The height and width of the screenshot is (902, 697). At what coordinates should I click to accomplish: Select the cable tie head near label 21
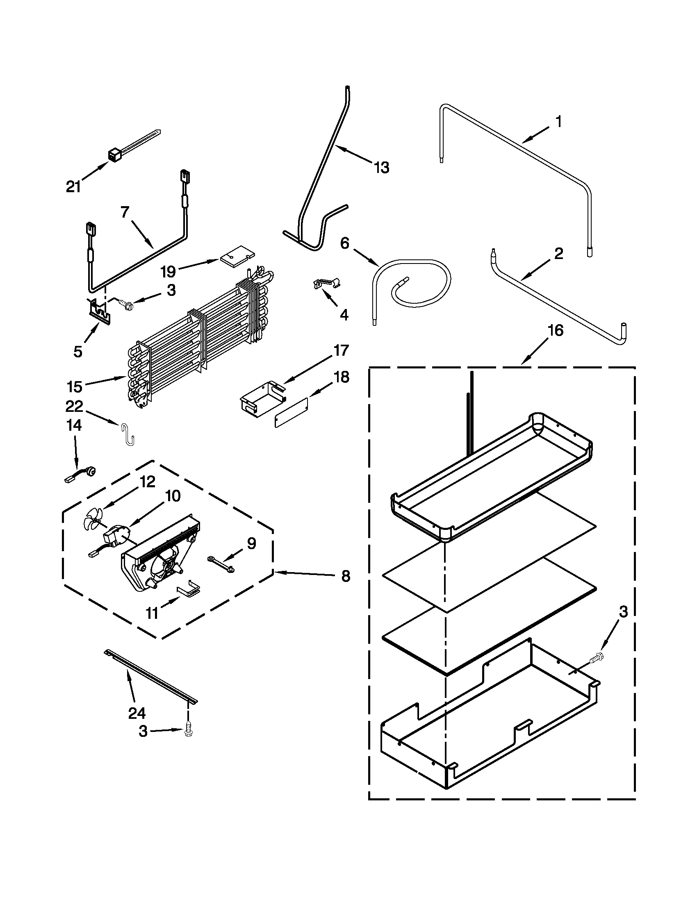(113, 156)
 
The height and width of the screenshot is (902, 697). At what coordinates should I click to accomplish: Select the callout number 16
(556, 330)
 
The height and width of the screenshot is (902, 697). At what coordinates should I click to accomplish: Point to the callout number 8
(346, 576)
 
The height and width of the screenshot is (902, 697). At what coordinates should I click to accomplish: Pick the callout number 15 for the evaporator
(75, 386)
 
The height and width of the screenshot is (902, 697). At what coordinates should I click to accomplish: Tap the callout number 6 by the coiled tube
(344, 243)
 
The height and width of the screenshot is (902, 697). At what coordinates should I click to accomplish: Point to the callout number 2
(558, 253)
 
